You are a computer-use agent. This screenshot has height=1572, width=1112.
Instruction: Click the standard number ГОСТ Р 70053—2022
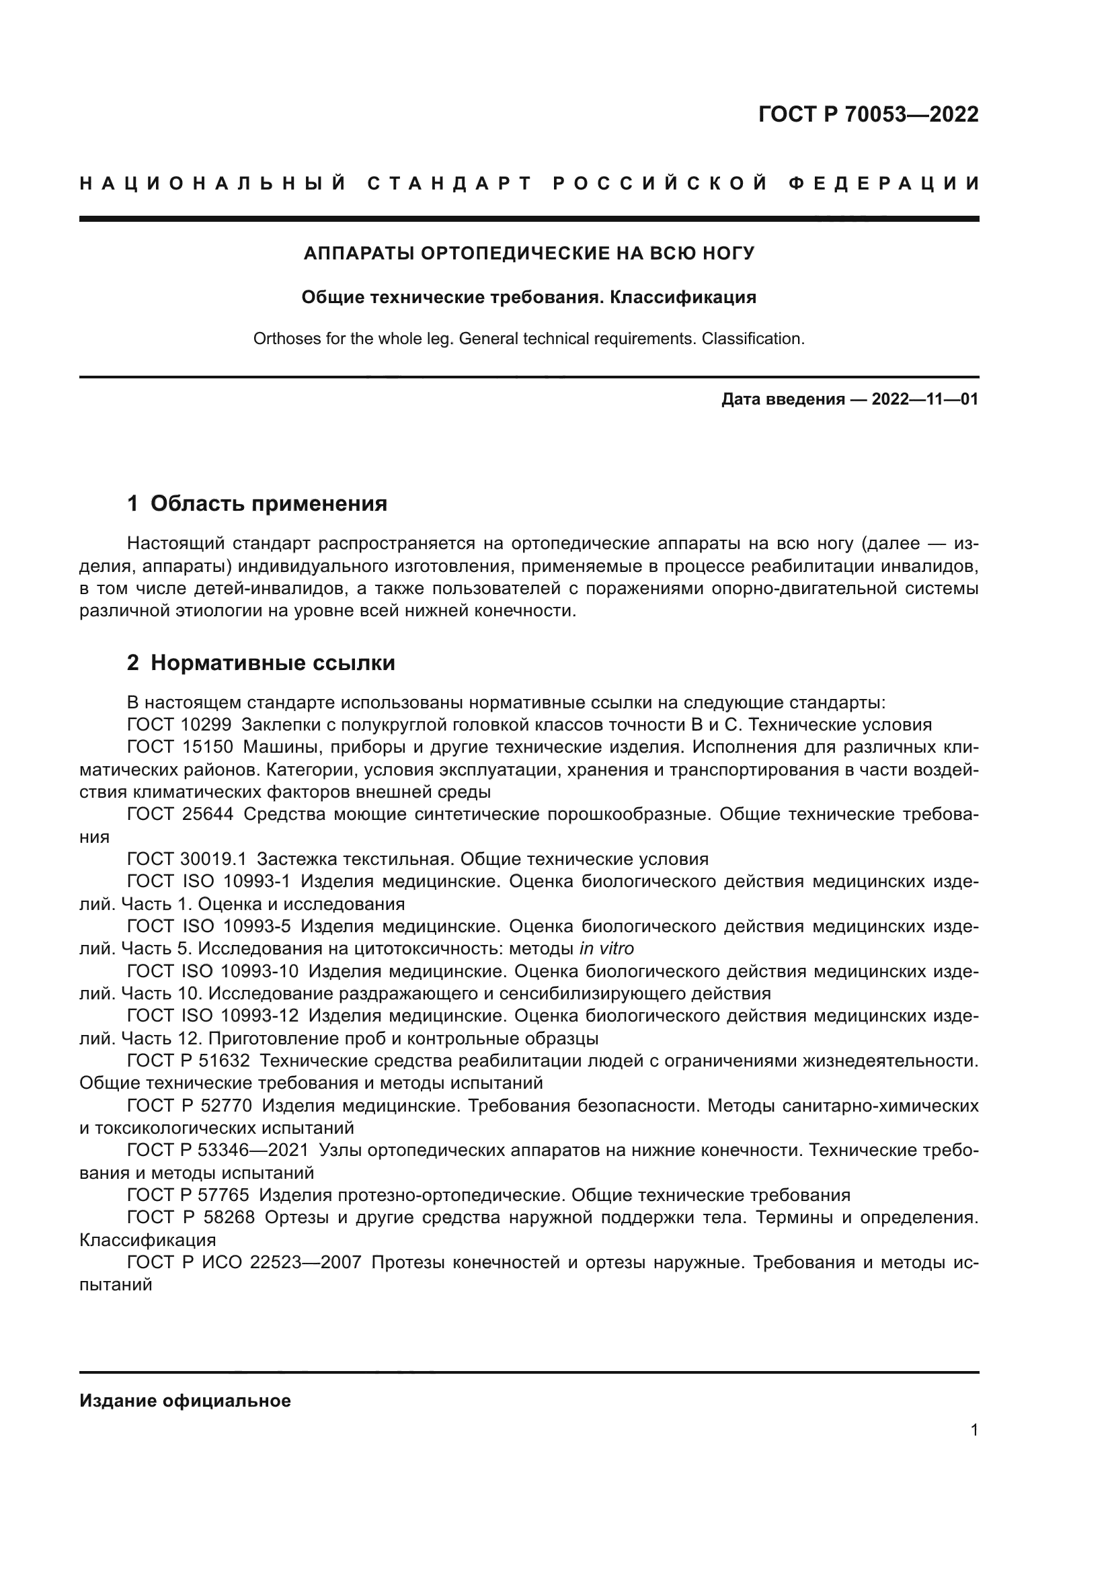point(868,114)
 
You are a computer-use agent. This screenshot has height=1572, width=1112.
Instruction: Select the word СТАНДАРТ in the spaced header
point(450,183)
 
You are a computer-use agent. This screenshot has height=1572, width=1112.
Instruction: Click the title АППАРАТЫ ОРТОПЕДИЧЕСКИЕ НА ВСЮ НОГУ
point(528,253)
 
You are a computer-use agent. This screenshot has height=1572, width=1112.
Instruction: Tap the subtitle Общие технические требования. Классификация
point(528,297)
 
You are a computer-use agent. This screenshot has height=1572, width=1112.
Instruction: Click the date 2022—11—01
point(924,399)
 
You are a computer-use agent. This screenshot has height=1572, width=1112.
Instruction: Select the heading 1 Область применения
point(257,504)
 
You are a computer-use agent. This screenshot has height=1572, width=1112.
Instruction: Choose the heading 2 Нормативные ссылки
point(261,663)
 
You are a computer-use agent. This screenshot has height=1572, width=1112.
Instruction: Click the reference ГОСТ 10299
point(180,725)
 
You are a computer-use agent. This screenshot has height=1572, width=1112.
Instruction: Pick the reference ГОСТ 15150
point(180,747)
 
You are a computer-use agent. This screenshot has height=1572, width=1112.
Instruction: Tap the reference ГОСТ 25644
point(180,814)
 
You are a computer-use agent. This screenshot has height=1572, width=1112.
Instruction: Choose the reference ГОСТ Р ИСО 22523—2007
point(244,1263)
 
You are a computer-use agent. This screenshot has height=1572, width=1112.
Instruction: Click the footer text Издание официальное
point(185,1401)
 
